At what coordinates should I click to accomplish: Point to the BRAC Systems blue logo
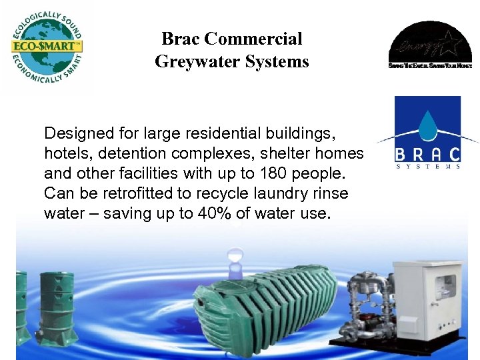(427, 133)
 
